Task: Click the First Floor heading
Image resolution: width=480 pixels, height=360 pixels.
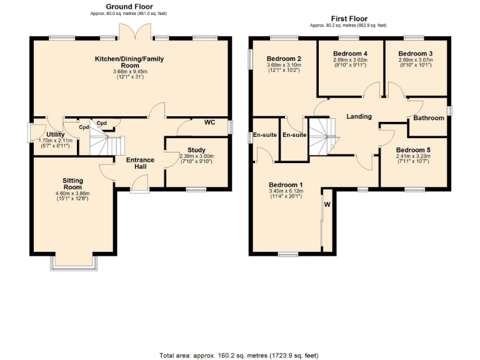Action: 348,19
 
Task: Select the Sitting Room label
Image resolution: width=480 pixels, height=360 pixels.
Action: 72,184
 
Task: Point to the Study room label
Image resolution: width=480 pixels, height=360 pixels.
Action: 196,150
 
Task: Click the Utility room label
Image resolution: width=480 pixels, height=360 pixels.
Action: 55,134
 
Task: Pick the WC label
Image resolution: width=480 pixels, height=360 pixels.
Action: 209,122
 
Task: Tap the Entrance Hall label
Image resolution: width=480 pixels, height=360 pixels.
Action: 140,164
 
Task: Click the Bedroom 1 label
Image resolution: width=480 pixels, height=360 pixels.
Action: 286,185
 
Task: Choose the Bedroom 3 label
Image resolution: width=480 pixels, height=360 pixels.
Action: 416,53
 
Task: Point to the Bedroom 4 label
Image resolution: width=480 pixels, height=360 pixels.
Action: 350,53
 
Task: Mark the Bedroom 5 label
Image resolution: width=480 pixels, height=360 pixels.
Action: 413,150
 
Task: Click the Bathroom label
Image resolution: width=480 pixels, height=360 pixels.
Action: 429,117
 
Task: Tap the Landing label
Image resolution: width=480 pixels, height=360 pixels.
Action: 359,116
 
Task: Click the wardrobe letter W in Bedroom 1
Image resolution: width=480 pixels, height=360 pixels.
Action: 326,204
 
